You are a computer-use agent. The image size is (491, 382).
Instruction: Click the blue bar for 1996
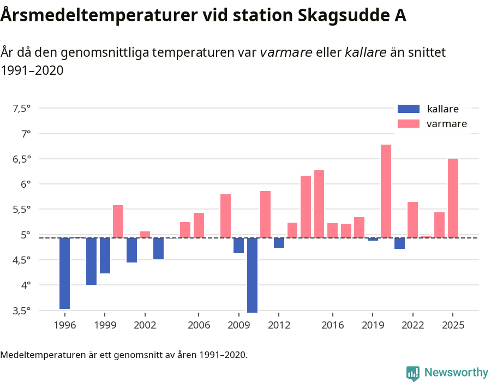coord(64,273)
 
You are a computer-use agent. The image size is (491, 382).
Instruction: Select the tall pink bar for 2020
coord(386,191)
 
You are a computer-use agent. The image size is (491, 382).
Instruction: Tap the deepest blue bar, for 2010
coord(252,275)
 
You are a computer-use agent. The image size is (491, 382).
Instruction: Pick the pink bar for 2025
coord(453,198)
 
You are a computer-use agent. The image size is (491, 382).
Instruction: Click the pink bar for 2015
coord(319,204)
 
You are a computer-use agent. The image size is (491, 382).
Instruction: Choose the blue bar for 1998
coord(91,261)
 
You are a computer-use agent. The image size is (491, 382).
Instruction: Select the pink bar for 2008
coord(225,216)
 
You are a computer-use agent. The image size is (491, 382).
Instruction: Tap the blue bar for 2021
coord(399,243)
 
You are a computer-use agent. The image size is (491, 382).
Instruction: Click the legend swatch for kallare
coord(409,109)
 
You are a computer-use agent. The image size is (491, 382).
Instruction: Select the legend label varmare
coord(446,124)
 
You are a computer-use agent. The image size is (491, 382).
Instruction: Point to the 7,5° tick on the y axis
coord(21,108)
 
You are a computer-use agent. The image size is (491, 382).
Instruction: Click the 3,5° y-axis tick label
coord(21,311)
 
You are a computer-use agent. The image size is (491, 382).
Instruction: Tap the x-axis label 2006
coord(199,325)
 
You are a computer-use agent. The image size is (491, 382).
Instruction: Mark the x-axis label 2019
coord(373,325)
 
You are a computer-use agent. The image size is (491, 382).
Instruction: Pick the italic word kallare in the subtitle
coord(366,52)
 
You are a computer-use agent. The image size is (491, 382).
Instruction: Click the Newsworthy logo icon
coord(413,373)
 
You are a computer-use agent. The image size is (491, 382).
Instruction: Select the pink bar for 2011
coord(266,214)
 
